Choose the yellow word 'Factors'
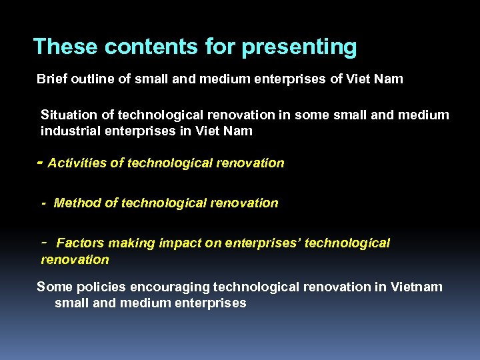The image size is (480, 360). (80, 243)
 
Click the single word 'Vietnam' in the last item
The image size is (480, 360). (416, 287)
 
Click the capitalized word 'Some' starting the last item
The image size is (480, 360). (52, 287)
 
